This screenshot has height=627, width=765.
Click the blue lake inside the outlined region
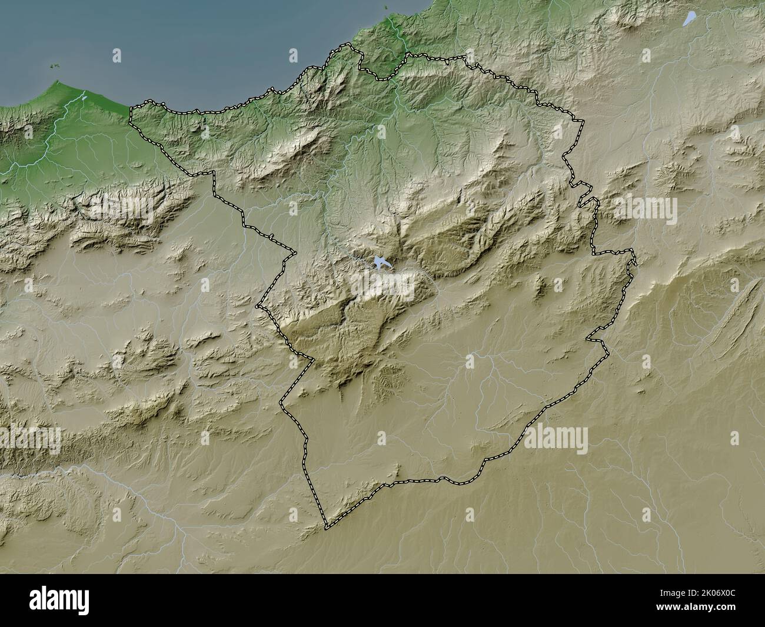point(380,263)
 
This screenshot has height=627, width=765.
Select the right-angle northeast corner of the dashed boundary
point(583,122)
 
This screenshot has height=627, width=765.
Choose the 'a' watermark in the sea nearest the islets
point(117,56)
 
